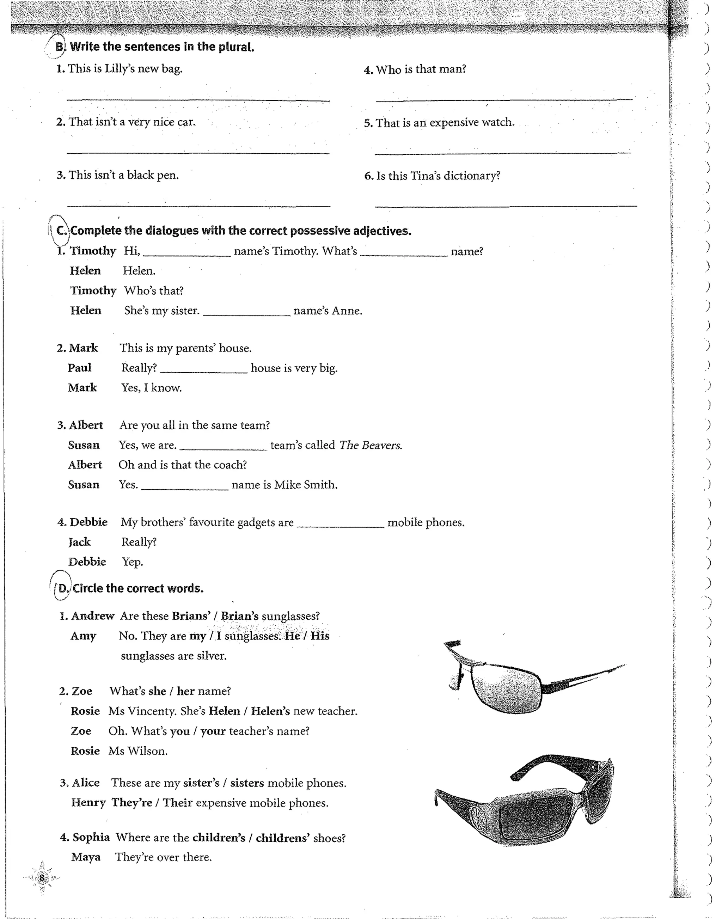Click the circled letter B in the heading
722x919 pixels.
[x=60, y=47]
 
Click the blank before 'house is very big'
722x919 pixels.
[x=203, y=369]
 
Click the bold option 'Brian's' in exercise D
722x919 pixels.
[x=240, y=616]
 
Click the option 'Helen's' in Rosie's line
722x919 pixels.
[x=270, y=711]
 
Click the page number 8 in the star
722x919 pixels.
[x=42, y=878]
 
